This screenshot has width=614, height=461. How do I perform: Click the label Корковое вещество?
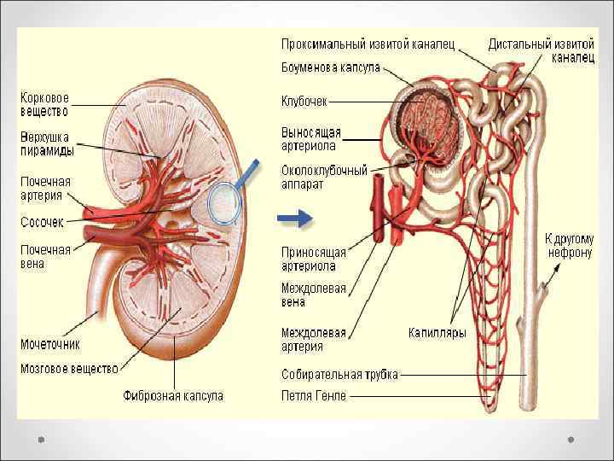[x=45, y=103]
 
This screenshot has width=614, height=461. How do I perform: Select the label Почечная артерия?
[x=45, y=189]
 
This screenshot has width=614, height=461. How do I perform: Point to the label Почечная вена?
[x=45, y=257]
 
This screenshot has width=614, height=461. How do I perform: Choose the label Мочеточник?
[x=50, y=344]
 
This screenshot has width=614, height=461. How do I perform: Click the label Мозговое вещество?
[x=69, y=369]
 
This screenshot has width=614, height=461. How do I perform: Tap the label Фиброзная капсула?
[x=173, y=396]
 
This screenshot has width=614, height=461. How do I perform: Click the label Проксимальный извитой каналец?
[x=368, y=43]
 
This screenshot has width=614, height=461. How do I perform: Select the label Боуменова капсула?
[x=331, y=67]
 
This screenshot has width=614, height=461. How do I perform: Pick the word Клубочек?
[x=304, y=102]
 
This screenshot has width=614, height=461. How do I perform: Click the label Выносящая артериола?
[x=311, y=138]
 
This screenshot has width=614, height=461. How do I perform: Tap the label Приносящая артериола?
[x=314, y=259]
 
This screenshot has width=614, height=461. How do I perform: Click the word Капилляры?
[x=437, y=334]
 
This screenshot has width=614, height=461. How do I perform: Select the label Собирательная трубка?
[x=339, y=374]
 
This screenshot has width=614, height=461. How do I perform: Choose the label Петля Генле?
[x=314, y=395]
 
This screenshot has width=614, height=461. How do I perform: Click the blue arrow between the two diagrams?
[x=296, y=220]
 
